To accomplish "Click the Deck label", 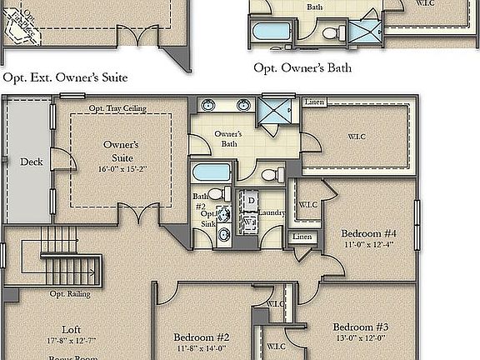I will point(30,162).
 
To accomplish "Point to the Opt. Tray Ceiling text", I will point(117,108).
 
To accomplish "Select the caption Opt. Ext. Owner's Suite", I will point(65,78).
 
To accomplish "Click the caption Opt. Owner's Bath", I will point(302,67).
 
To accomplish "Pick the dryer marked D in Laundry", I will point(250,201).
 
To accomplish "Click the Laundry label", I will point(272,213).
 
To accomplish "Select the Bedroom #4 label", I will point(368,233).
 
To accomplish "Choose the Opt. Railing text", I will point(70,293).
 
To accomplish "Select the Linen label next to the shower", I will point(314,102).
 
